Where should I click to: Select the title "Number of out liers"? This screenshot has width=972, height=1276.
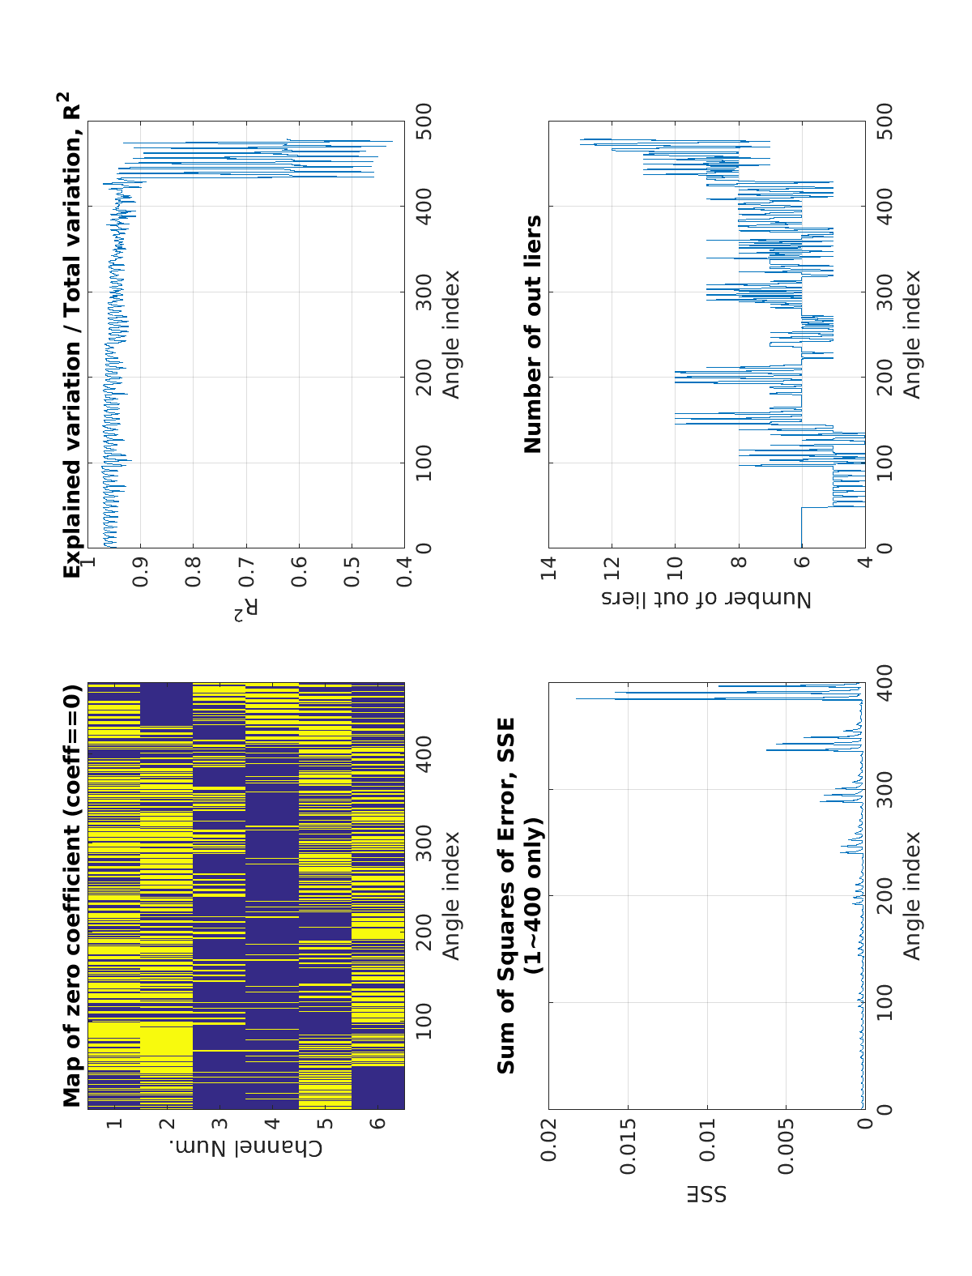point(533,335)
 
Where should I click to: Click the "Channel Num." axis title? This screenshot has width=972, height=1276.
point(246,1149)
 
